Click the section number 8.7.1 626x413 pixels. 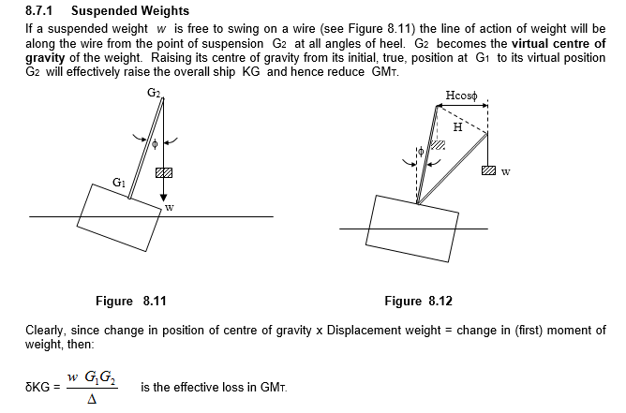41,11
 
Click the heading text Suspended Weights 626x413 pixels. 130,11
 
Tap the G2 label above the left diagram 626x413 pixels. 155,92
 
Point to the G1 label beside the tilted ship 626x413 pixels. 118,182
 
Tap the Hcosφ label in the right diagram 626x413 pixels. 464,95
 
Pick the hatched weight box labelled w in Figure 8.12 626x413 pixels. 487,171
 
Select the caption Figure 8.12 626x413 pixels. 418,302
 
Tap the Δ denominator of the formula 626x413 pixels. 91,399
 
